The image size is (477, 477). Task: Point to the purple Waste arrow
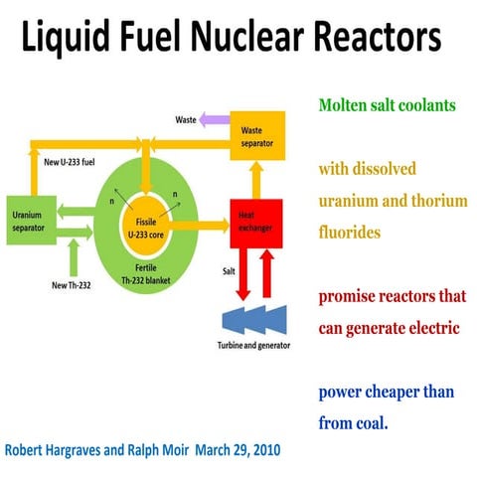214,120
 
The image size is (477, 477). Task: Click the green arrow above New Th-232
72,260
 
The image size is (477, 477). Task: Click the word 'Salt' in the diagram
228,268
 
